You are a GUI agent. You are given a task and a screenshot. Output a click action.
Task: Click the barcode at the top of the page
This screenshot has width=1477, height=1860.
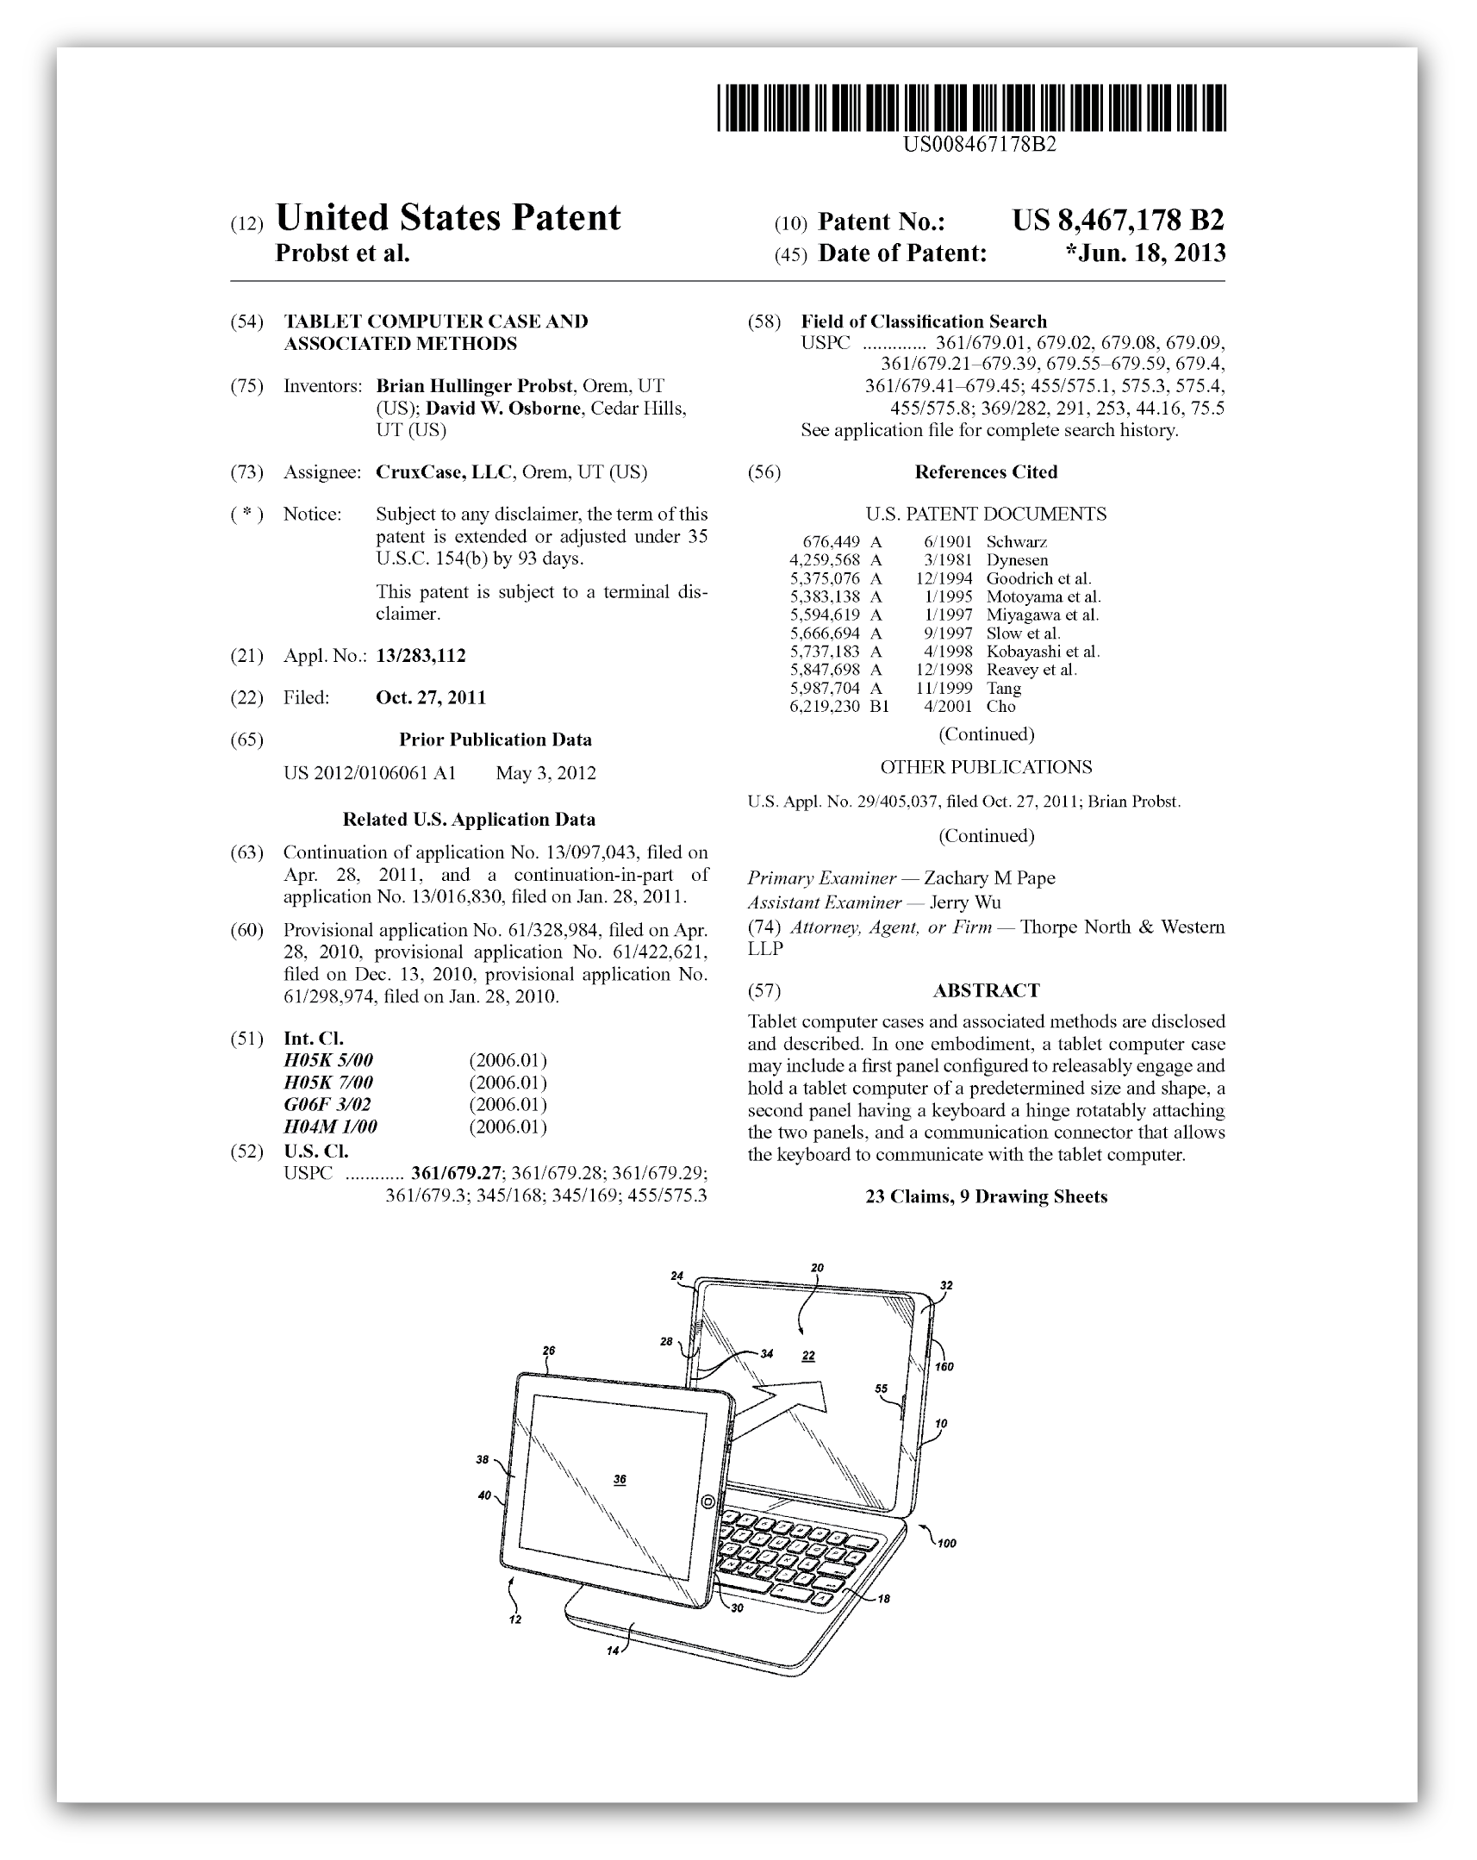coord(970,108)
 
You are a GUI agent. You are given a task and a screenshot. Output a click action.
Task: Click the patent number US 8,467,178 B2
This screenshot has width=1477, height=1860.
coord(1118,221)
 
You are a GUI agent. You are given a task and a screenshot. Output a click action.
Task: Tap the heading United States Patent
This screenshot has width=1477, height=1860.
coord(447,218)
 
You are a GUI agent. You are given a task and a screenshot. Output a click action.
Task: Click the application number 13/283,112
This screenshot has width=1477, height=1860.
coord(421,656)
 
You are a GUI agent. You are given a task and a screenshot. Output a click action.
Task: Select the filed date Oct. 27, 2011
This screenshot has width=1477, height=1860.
coord(431,698)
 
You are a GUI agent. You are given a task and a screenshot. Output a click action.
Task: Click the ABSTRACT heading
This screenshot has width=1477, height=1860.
coord(985,990)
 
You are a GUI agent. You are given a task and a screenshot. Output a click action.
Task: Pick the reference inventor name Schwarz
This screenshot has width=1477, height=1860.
coord(1016,543)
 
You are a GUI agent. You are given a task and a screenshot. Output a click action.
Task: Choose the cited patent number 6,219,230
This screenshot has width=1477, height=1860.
coord(824,707)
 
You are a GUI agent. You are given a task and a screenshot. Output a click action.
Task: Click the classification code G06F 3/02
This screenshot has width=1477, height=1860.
coord(327,1105)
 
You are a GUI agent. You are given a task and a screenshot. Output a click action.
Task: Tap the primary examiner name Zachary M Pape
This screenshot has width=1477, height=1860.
coord(988,878)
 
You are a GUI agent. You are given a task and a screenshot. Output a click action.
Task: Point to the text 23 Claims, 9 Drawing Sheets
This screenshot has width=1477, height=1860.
coord(986,1196)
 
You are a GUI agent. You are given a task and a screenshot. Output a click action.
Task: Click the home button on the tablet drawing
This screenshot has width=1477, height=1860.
coord(707,1503)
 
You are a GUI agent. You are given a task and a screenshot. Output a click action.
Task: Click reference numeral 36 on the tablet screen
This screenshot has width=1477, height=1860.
coord(620,1480)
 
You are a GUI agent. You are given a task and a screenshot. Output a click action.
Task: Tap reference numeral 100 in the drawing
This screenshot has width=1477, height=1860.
coord(946,1544)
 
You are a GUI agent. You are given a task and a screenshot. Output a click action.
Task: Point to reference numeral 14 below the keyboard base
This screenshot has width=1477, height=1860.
coord(613,1651)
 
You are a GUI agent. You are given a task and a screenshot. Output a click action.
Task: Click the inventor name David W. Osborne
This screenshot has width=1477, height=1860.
coord(502,409)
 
